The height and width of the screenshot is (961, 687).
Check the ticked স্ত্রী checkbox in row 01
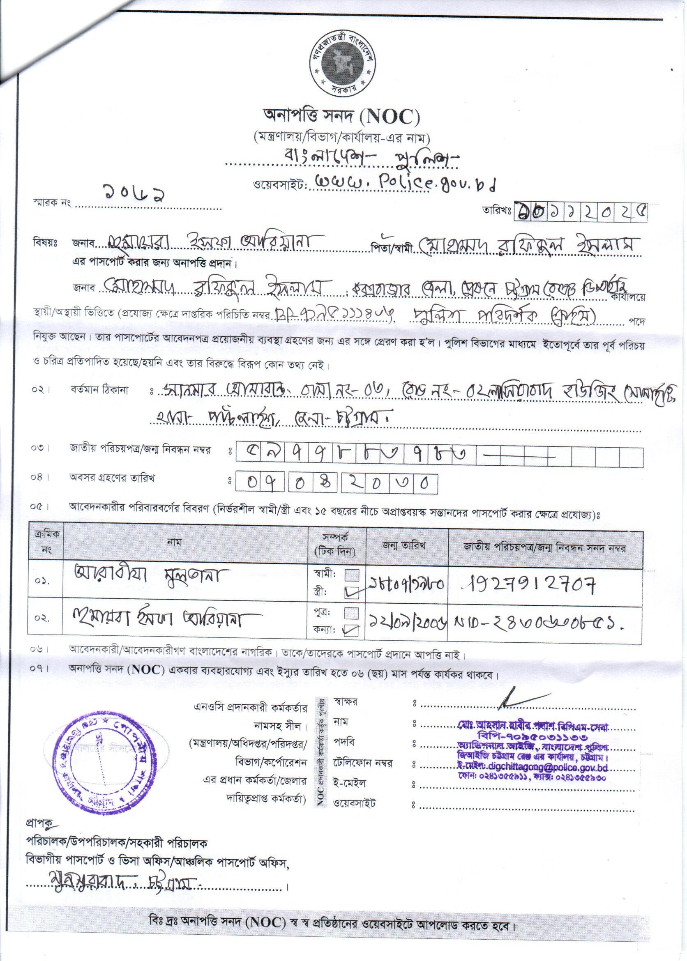point(352,593)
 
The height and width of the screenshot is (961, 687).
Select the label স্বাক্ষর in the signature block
point(345,702)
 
